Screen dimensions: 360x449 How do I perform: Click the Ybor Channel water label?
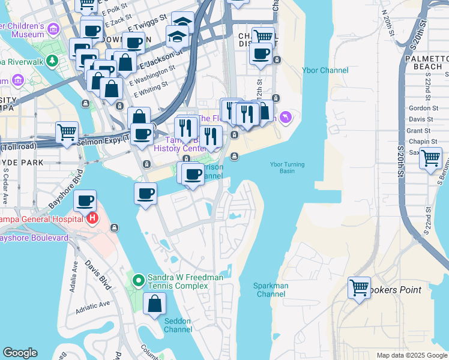[x=325, y=70]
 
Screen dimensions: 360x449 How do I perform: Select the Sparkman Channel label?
[x=271, y=290]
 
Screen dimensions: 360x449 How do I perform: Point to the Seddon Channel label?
[x=178, y=325]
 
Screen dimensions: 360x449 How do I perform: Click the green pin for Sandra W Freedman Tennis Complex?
[x=138, y=279]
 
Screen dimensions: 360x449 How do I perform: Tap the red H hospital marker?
[x=92, y=218]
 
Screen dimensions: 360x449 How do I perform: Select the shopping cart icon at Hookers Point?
[x=359, y=288]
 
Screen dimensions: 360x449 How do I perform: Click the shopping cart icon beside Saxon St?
[x=430, y=158]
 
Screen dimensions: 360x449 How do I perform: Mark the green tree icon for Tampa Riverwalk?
[x=53, y=61]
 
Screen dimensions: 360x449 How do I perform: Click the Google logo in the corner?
[x=20, y=353]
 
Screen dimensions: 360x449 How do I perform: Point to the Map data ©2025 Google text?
[x=411, y=355]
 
